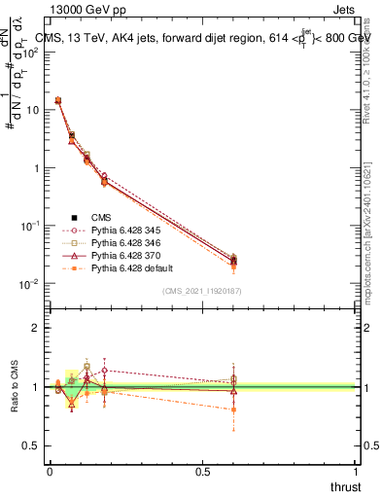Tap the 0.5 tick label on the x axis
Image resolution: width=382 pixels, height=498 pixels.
(x=202, y=472)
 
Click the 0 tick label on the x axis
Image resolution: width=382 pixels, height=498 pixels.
(x=50, y=472)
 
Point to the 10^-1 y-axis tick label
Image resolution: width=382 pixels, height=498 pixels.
(x=31, y=226)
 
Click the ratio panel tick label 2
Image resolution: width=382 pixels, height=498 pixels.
(x=36, y=329)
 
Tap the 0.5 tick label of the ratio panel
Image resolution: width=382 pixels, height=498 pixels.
(x=32, y=445)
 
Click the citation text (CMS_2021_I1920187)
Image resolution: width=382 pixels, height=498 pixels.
(x=202, y=291)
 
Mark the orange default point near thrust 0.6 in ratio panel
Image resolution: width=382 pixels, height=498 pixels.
(x=233, y=410)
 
